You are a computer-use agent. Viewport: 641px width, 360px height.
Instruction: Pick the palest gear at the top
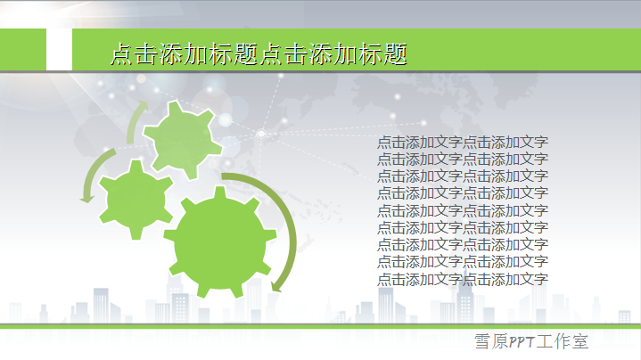tap(183, 140)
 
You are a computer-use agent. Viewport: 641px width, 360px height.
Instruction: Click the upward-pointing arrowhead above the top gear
tap(143, 106)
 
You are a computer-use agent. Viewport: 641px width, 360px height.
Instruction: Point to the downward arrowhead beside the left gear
tap(86, 199)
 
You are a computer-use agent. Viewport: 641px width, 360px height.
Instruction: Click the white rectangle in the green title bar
tap(59, 49)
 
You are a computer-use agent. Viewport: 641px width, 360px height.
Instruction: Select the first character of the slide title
tap(121, 54)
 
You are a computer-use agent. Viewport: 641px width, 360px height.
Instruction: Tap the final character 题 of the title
tap(395, 54)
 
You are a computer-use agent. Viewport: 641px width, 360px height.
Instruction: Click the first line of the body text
tap(463, 143)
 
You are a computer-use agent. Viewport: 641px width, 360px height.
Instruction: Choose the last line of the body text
tap(463, 280)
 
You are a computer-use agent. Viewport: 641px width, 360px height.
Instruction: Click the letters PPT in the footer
tap(522, 341)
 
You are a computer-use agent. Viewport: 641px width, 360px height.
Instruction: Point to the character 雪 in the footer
tap(482, 341)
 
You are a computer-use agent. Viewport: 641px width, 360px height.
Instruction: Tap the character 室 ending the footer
tap(580, 341)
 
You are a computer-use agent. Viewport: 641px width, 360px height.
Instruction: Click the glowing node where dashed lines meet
tap(261, 134)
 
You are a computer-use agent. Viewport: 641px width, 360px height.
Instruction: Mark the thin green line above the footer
tap(321, 326)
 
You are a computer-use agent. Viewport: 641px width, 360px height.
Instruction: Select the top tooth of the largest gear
tap(220, 192)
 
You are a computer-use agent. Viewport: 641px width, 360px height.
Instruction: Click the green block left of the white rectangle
tap(23, 49)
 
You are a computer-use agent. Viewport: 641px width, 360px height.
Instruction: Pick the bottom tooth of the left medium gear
tap(136, 233)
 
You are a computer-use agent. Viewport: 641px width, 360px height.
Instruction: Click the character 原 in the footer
tap(499, 341)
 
